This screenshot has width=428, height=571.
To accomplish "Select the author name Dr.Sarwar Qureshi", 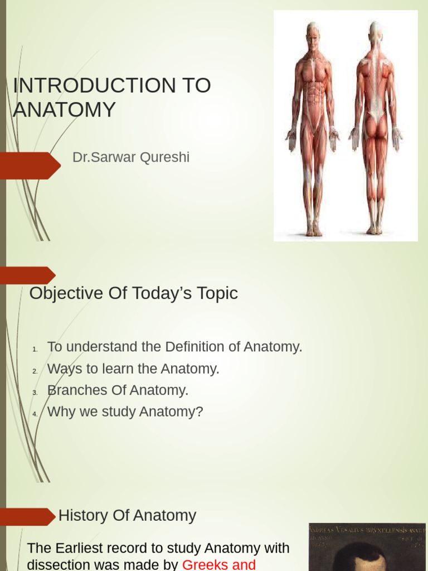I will (x=131, y=157).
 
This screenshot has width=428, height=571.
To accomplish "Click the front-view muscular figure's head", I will (x=313, y=33).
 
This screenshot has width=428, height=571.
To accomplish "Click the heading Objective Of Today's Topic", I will (x=133, y=293).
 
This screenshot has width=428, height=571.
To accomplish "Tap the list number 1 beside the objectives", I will (x=35, y=350).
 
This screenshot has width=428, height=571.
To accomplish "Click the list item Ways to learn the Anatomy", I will (x=133, y=369).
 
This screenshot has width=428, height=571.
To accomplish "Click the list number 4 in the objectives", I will (x=35, y=414).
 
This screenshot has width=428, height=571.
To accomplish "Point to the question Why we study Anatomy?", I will (x=125, y=412).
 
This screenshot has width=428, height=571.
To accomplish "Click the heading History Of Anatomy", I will (x=127, y=515).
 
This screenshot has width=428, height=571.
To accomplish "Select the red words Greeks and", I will (x=219, y=564).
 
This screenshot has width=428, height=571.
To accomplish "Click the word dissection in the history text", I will (x=57, y=564).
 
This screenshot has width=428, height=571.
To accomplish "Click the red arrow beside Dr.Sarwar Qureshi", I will (x=30, y=166).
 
